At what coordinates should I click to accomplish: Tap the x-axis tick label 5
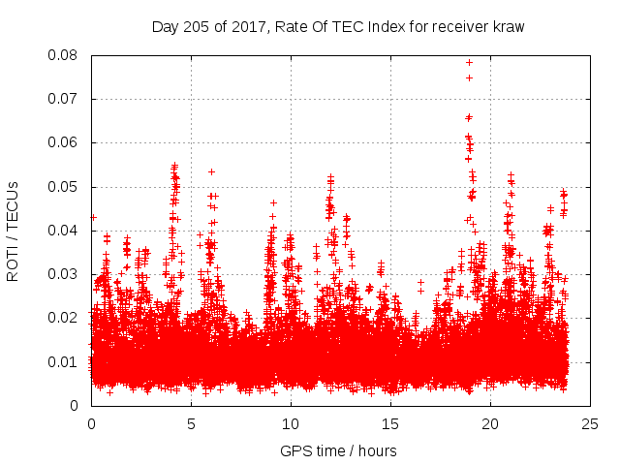(x=191, y=423)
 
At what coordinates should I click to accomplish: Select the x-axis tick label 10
(x=291, y=423)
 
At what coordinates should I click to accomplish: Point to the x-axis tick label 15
(x=390, y=423)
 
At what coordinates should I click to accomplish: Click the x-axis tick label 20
(x=490, y=423)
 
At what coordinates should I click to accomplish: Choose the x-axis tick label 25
(x=590, y=423)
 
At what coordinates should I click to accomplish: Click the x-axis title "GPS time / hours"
(x=338, y=450)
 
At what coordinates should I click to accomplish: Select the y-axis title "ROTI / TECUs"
(x=14, y=231)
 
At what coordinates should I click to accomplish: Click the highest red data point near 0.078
(x=469, y=62)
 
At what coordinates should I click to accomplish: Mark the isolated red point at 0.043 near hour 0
(x=93, y=217)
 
